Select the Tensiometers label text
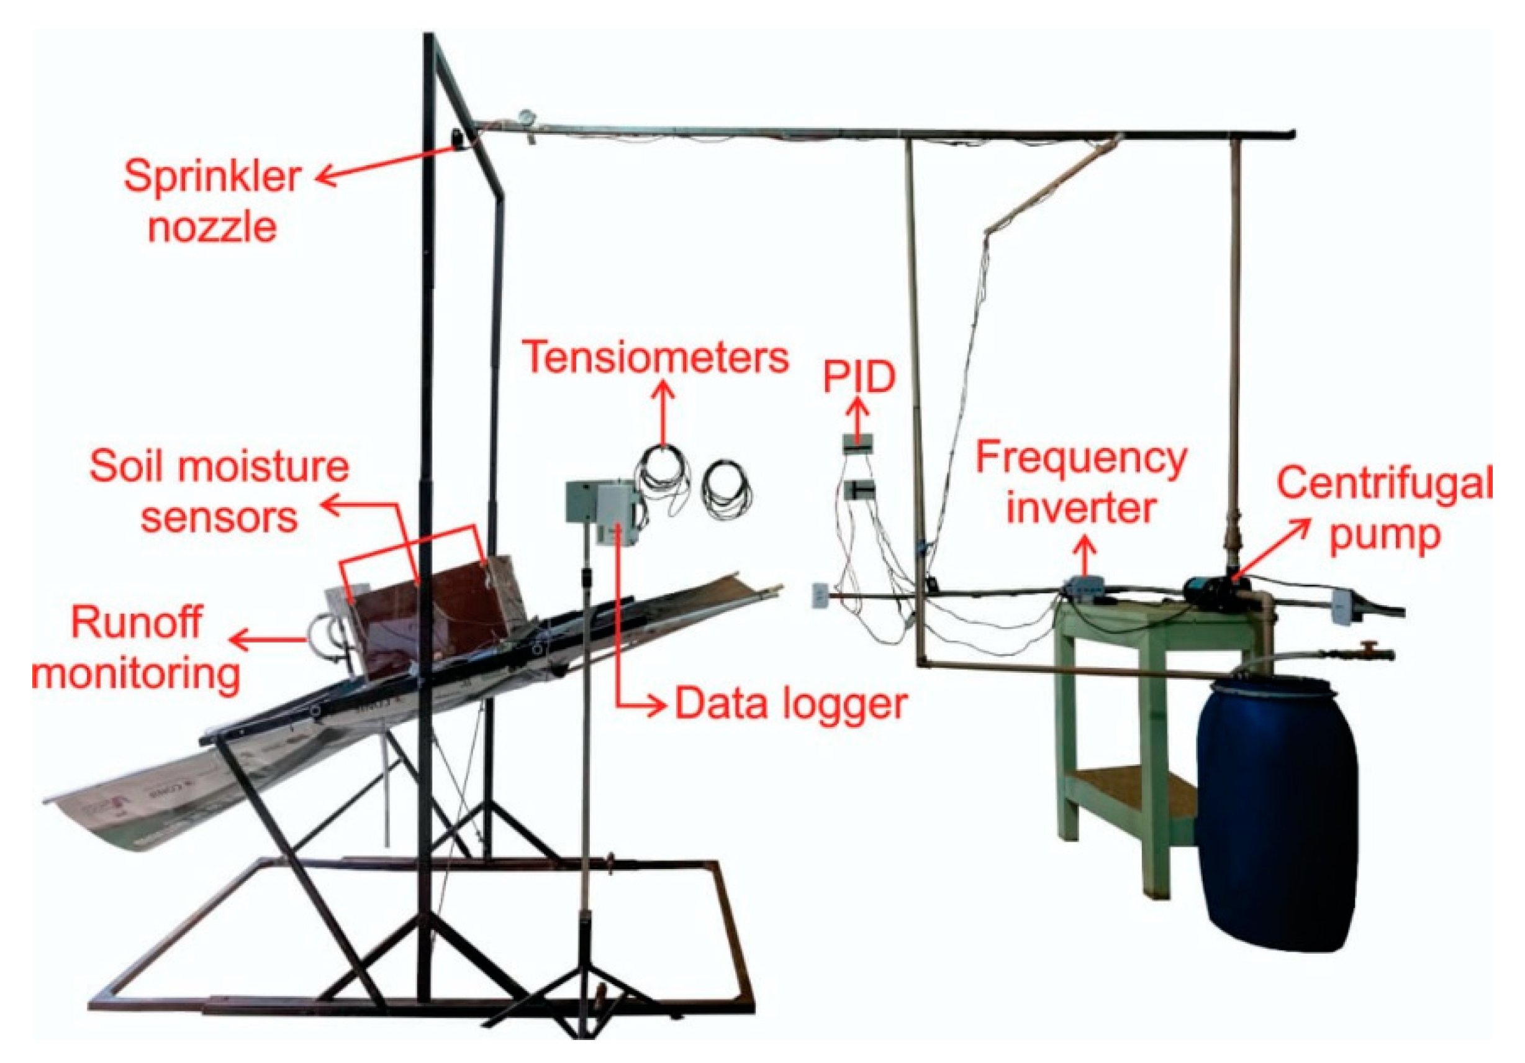(x=656, y=357)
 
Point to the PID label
(x=859, y=376)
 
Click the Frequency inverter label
(x=1081, y=483)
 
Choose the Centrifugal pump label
(x=1385, y=508)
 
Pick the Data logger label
(x=790, y=705)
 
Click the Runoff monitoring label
(x=136, y=648)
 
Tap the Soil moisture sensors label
(x=219, y=491)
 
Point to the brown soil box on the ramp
(x=432, y=611)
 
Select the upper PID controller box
(x=858, y=443)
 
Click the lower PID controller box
(x=859, y=490)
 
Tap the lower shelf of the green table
(x=1129, y=791)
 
